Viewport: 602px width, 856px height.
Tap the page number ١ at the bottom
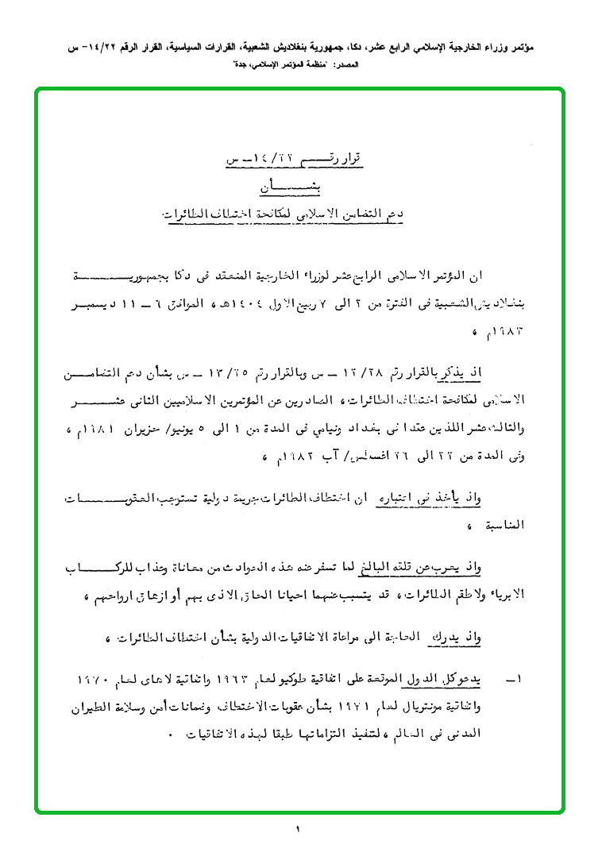[x=299, y=830]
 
